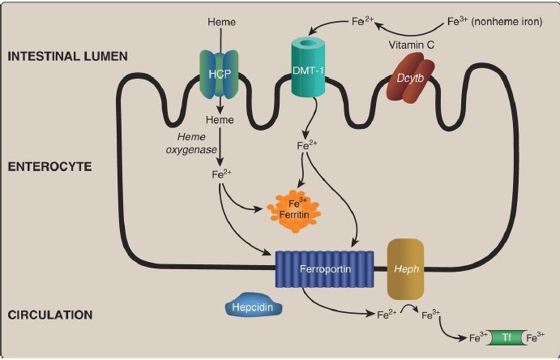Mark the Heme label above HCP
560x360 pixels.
[220, 21]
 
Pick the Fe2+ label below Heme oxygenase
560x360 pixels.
[220, 173]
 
